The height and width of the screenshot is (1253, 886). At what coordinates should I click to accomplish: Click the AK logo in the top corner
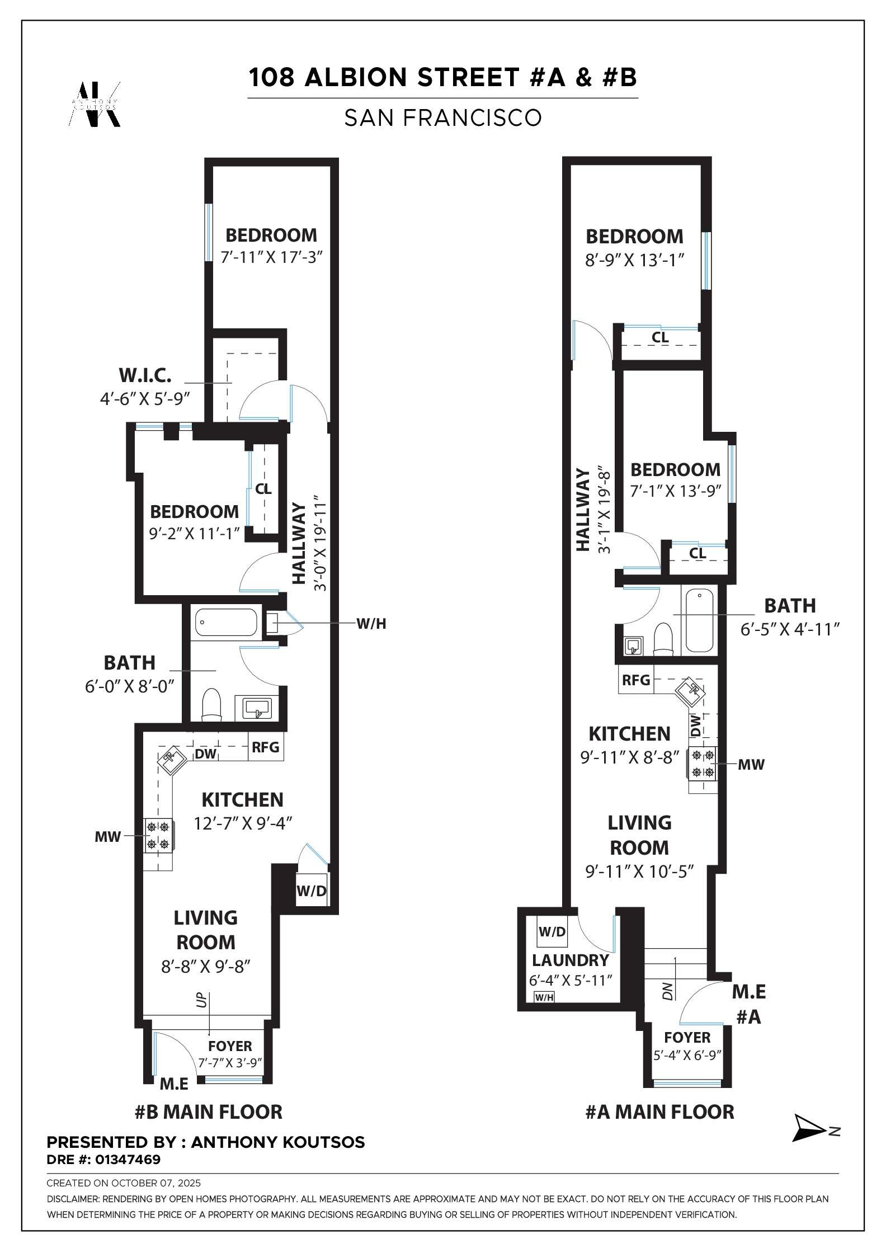pyautogui.click(x=95, y=105)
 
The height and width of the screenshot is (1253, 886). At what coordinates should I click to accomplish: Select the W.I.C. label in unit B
pyautogui.click(x=145, y=375)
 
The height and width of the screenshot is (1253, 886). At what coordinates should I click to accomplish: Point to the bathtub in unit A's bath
pyautogui.click(x=699, y=621)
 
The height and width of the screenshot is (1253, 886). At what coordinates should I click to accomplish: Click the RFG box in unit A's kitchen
pyautogui.click(x=636, y=680)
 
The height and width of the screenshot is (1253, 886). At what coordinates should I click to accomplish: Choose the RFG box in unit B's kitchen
pyautogui.click(x=266, y=747)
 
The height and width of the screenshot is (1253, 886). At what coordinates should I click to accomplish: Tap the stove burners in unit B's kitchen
pyautogui.click(x=158, y=835)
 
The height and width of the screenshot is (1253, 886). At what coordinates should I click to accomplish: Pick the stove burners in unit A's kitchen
pyautogui.click(x=703, y=764)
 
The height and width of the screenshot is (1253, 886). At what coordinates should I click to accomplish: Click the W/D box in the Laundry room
pyautogui.click(x=552, y=931)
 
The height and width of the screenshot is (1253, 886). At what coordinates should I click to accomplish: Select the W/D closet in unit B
pyautogui.click(x=312, y=891)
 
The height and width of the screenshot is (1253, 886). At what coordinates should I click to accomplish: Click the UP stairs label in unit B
pyautogui.click(x=202, y=1000)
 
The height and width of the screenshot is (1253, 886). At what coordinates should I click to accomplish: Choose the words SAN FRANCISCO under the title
pyautogui.click(x=442, y=118)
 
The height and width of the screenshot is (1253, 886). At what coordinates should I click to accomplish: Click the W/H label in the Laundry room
pyautogui.click(x=544, y=997)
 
